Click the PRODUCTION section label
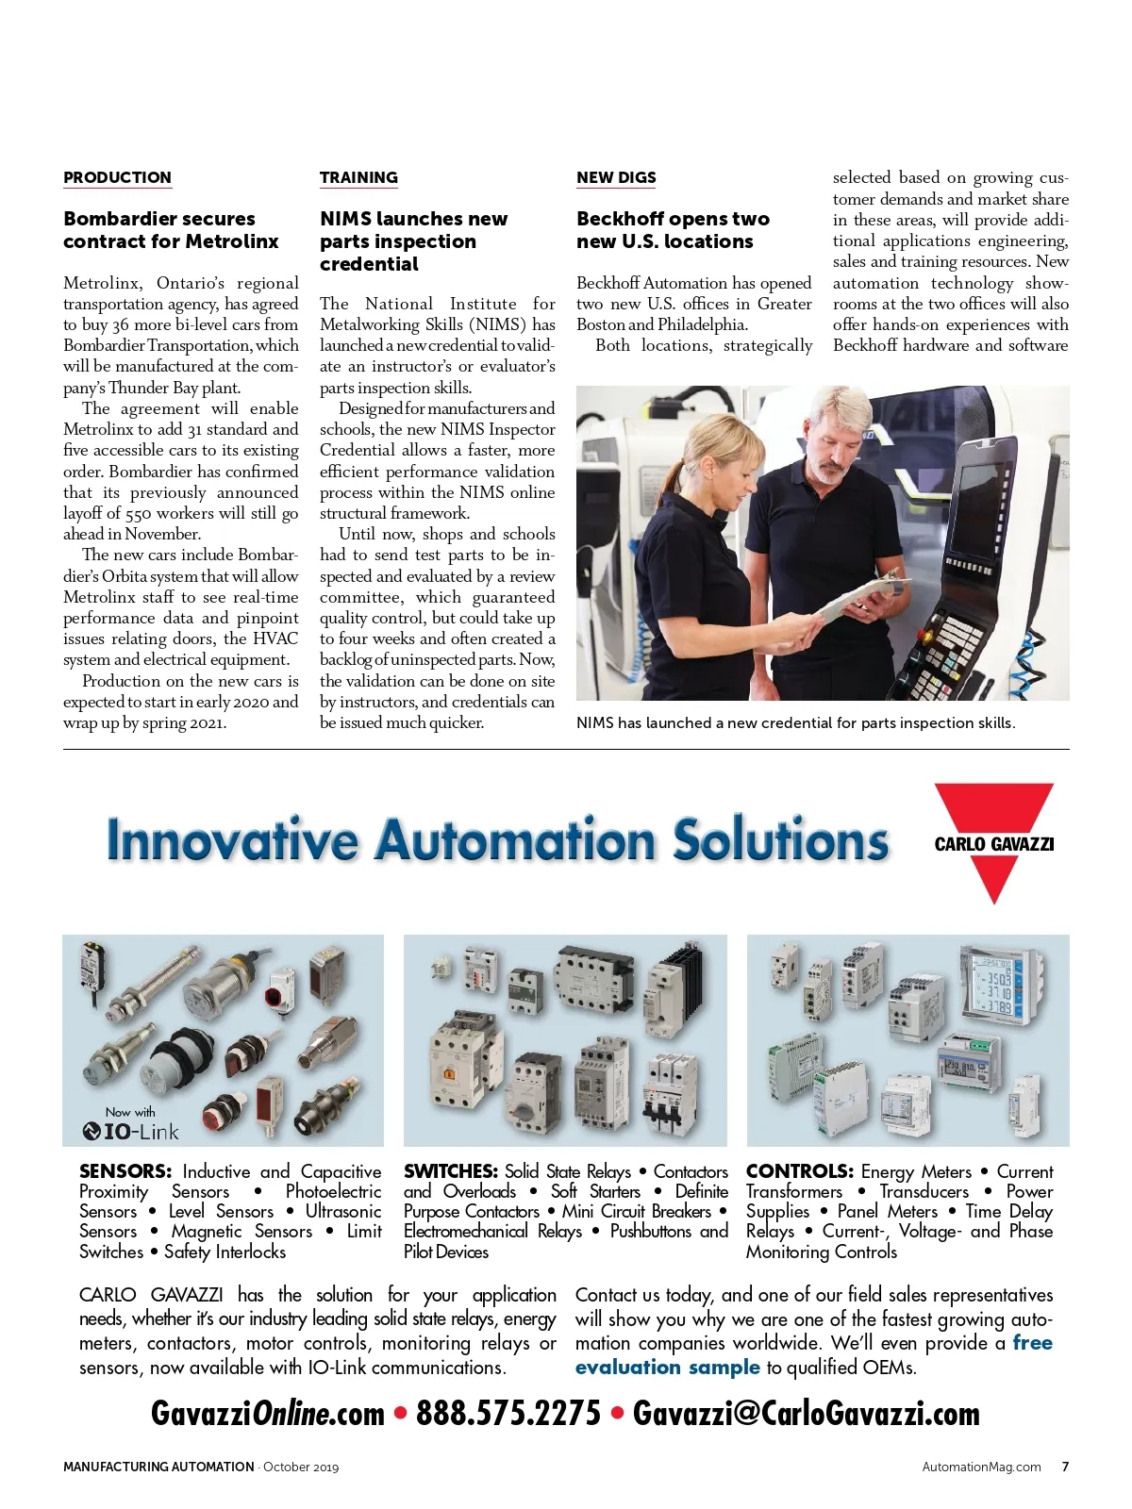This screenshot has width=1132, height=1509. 117,177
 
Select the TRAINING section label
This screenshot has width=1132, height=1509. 358,177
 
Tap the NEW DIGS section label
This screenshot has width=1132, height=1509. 616,177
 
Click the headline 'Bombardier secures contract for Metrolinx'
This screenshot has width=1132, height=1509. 171,230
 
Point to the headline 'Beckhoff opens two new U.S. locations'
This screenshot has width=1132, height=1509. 673,230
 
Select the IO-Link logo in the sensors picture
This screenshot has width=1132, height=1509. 130,1131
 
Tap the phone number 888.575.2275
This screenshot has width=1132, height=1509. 508,1413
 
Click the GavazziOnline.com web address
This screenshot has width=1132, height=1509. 268,1413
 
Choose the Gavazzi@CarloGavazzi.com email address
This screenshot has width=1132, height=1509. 806,1413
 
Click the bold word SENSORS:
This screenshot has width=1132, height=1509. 125,1171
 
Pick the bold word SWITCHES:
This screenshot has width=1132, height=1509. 451,1171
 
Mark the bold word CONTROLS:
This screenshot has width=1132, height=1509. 800,1171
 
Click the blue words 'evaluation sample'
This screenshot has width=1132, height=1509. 668,1368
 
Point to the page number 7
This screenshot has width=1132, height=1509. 1065,1467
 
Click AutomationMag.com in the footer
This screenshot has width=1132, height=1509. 981,1467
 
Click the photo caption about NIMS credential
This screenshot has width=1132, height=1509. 795,723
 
